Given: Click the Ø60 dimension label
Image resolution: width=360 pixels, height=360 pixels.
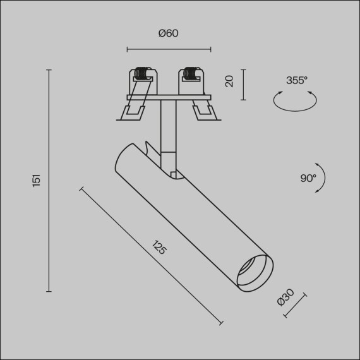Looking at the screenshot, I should tap(169, 33).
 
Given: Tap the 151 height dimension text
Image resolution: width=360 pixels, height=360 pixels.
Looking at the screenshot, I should tap(37, 180).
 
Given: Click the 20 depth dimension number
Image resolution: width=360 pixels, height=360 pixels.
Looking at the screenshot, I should tap(230, 81).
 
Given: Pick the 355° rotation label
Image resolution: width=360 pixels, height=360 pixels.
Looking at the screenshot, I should tap(296, 80).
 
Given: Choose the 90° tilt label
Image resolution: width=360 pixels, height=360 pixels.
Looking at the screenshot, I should tap(308, 178).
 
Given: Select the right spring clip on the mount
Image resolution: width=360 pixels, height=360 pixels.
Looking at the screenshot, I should tap(192, 78).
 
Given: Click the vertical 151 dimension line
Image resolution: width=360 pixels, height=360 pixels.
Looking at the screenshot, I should tap(49, 180).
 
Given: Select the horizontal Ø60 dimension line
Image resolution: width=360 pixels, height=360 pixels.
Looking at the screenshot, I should tap(169, 49).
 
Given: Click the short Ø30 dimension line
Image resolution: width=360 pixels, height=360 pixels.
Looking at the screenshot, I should tap(295, 305).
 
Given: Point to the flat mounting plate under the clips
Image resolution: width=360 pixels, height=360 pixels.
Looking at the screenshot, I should tap(168, 97).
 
